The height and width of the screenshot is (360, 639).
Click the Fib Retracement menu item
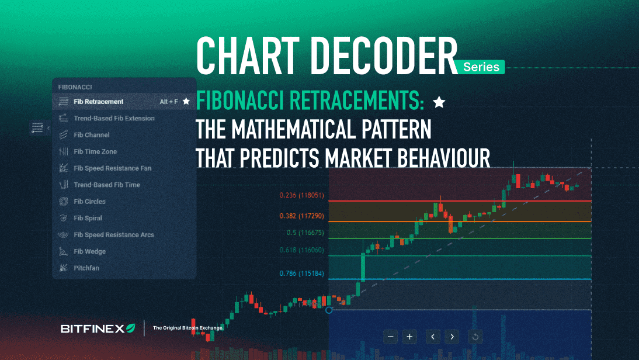[98, 102]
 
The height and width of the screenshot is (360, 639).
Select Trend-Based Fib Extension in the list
[114, 118]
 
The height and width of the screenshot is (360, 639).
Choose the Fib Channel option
[92, 135]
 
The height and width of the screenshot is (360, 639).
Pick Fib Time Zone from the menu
[95, 151]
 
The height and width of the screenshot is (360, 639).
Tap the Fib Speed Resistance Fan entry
[112, 168]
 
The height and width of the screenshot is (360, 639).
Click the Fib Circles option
[89, 202]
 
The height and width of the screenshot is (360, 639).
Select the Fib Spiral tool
[88, 218]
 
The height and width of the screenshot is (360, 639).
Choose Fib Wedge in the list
[89, 251]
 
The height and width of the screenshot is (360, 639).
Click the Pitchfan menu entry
[85, 268]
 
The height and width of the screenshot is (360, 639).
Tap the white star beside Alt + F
[186, 101]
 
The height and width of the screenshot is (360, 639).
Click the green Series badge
[481, 67]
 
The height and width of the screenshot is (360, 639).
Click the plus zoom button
[410, 337]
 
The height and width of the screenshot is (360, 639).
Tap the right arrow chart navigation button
[452, 337]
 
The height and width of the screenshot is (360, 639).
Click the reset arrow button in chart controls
[475, 337]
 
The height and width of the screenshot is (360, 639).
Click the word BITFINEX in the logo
[93, 328]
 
